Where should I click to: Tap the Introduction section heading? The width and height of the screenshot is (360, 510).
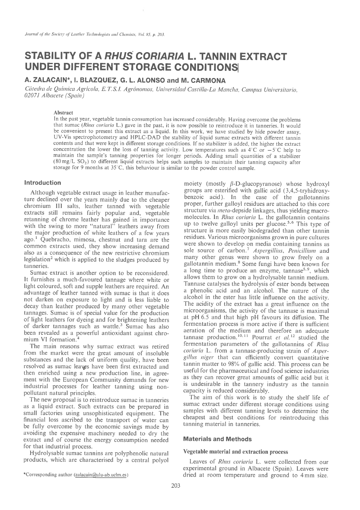(x=43, y=183)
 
